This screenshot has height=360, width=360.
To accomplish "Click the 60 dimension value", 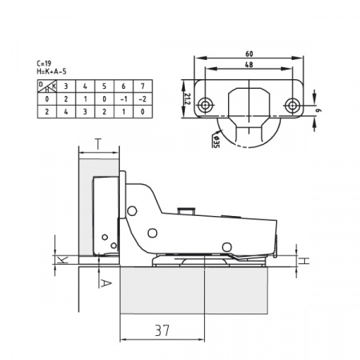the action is click(x=249, y=54).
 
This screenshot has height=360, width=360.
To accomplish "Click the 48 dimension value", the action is click(x=249, y=65).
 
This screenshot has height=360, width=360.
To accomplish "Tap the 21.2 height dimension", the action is click(x=187, y=99).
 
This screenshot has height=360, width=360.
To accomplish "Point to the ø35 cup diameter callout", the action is click(x=216, y=142).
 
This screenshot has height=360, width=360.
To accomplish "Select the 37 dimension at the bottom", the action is click(x=162, y=330).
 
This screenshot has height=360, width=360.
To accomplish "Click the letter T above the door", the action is click(x=98, y=144).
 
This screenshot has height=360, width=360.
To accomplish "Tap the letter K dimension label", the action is click(x=63, y=260).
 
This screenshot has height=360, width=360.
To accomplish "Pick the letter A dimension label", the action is click(x=106, y=284).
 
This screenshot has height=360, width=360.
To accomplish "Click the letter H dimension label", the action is click(x=304, y=261).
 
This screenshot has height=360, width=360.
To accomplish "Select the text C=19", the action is click(x=44, y=63).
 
